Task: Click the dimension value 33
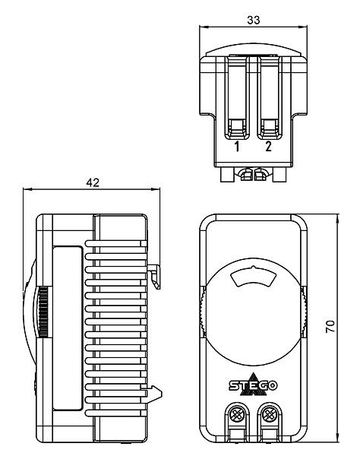tap(254, 20)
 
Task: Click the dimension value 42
tap(93, 182)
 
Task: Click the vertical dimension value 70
tap(330, 326)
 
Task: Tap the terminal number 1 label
tap(237, 147)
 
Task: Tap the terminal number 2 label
tap(268, 146)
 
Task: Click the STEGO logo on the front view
tap(253, 385)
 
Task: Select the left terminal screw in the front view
tap(236, 414)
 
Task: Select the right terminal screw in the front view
tap(268, 414)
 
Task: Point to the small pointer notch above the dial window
tap(253, 267)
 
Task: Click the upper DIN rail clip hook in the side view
tap(154, 277)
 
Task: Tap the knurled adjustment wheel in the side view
tap(43, 312)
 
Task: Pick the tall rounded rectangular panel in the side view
tap(68, 328)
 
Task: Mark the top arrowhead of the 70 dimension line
tap(337, 218)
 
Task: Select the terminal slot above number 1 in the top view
tap(237, 97)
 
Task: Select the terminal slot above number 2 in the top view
tap(269, 97)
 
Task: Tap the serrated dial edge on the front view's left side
tap(203, 312)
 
